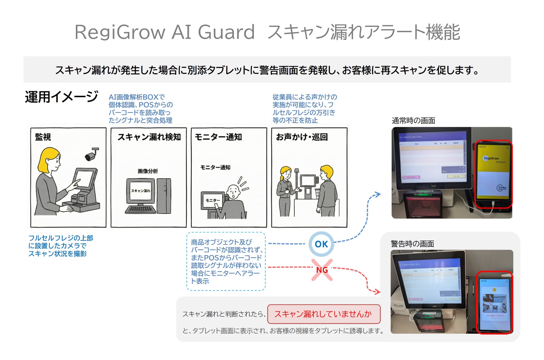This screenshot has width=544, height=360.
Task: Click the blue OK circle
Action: pyautogui.click(x=321, y=244)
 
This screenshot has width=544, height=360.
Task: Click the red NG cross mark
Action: pyautogui.click(x=322, y=270)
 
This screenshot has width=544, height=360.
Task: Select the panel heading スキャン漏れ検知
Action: pyautogui.click(x=149, y=137)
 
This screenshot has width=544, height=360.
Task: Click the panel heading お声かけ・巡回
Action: pyautogui.click(x=302, y=137)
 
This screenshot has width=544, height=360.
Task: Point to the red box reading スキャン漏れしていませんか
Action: pyautogui.click(x=323, y=314)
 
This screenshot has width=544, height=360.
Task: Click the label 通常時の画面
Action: pyautogui.click(x=413, y=121)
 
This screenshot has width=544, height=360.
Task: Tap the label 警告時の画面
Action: pyautogui.click(x=412, y=244)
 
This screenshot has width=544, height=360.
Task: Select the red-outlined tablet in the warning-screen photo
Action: pyautogui.click(x=494, y=302)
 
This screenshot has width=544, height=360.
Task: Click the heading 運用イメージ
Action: pyautogui.click(x=61, y=97)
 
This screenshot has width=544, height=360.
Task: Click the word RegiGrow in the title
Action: pyautogui.click(x=120, y=32)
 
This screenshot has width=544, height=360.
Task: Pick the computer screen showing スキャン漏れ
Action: pyautogui.click(x=141, y=191)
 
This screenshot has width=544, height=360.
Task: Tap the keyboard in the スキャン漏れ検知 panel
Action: pyautogui.click(x=141, y=209)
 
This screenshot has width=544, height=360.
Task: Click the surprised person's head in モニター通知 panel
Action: pyautogui.click(x=233, y=191)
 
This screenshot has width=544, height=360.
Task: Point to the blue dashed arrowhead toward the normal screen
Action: pyautogui.click(x=377, y=194)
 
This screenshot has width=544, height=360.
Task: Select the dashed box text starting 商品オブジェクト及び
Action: pyautogui.click(x=226, y=261)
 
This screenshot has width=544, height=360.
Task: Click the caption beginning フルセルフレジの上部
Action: pyautogui.click(x=60, y=246)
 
